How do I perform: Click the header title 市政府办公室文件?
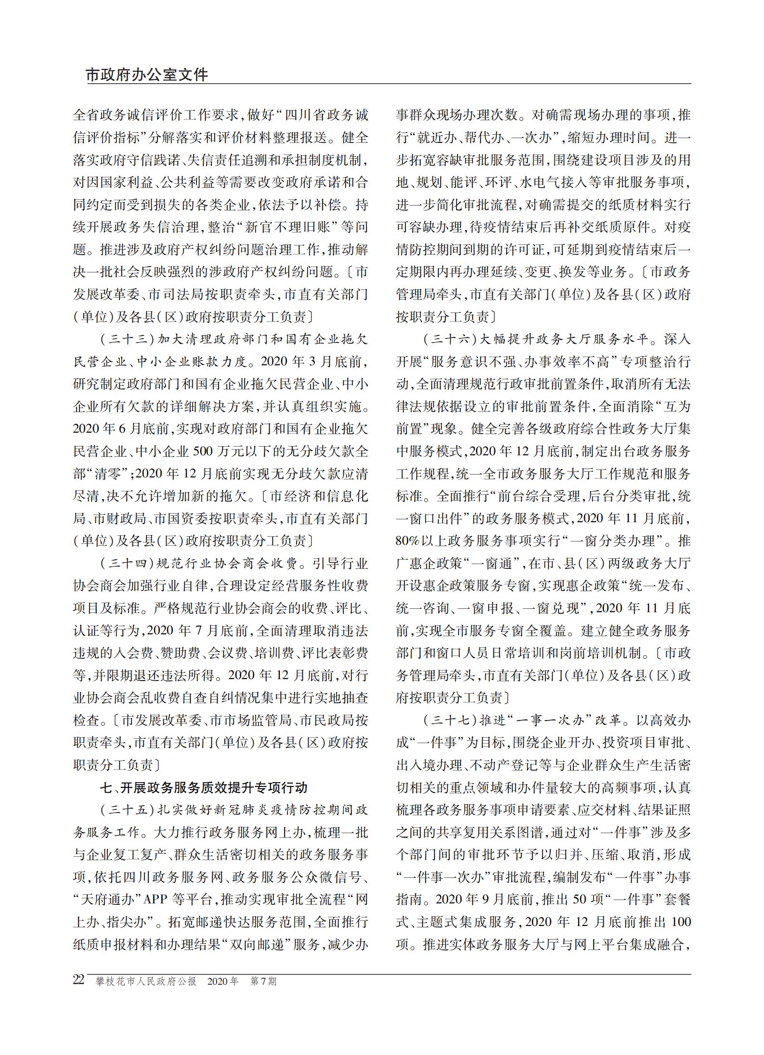147,75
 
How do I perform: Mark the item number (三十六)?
450,339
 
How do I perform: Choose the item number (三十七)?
450,720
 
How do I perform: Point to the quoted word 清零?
107,474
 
